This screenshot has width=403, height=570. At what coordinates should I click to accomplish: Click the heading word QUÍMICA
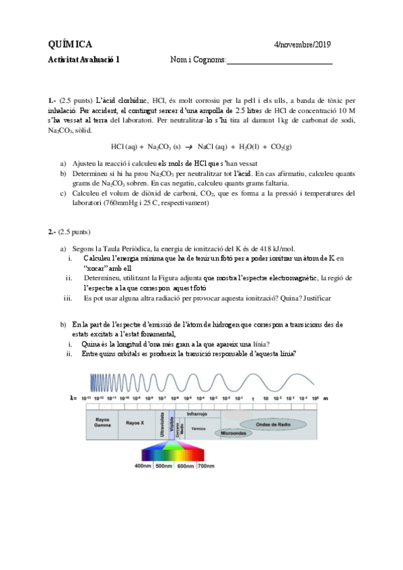71,45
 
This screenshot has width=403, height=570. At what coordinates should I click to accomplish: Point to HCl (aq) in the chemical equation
124,146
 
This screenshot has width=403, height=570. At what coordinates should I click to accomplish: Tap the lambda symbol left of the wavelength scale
73,398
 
